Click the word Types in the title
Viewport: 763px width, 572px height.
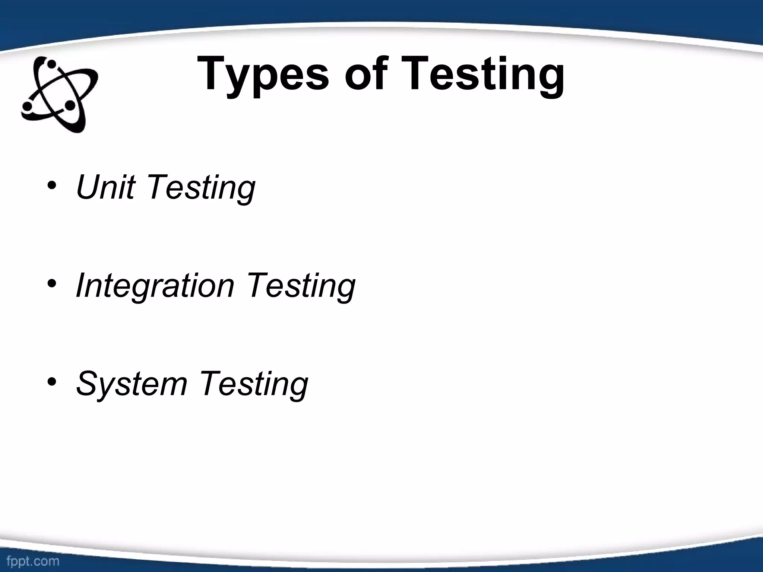pyautogui.click(x=263, y=74)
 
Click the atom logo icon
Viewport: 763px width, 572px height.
pyautogui.click(x=60, y=95)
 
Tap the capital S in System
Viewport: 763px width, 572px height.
pyautogui.click(x=88, y=384)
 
